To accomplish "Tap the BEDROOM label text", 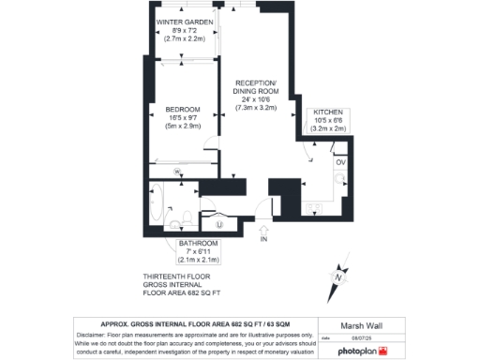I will coord(185,109).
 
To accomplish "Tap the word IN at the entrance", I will coord(263,240).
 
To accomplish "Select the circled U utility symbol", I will coord(219,224).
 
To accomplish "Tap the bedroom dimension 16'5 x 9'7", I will coord(185,118).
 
